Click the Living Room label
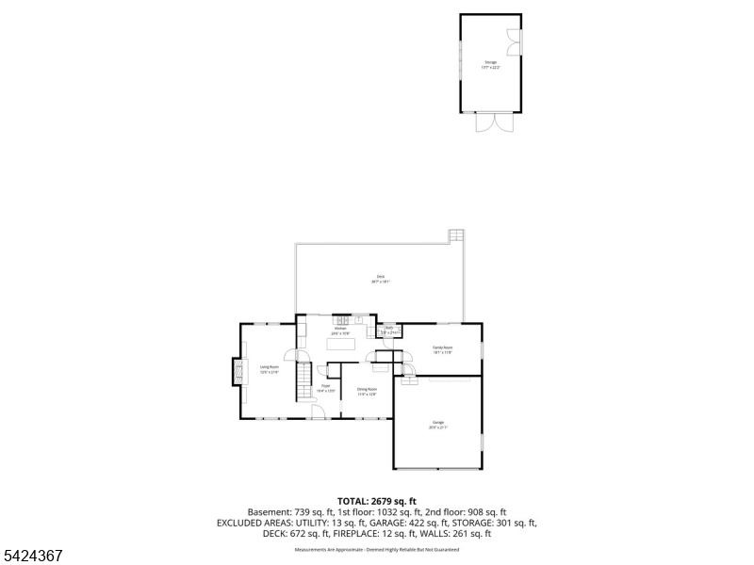270,369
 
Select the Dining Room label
367,391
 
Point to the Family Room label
443,350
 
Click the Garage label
438,425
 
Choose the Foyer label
325,387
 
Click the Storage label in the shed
490,64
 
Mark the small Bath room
389,331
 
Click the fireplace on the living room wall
237,372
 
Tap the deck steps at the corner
457,235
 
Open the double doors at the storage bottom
490,123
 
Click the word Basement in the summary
268,511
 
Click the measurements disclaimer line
376,548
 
